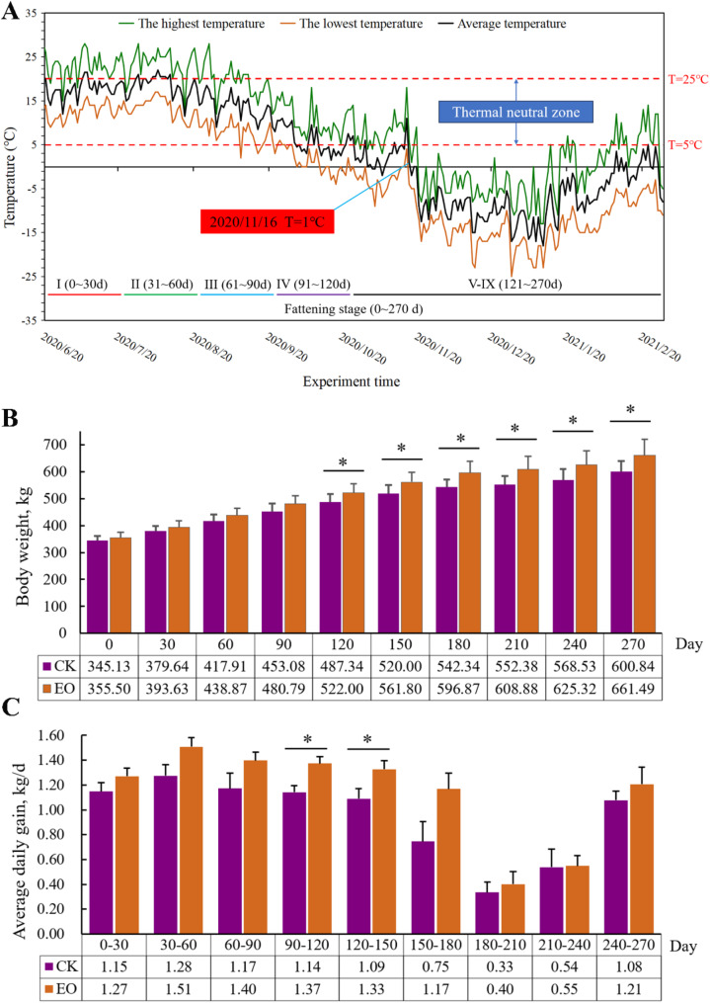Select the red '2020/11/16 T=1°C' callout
pos(267,223)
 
